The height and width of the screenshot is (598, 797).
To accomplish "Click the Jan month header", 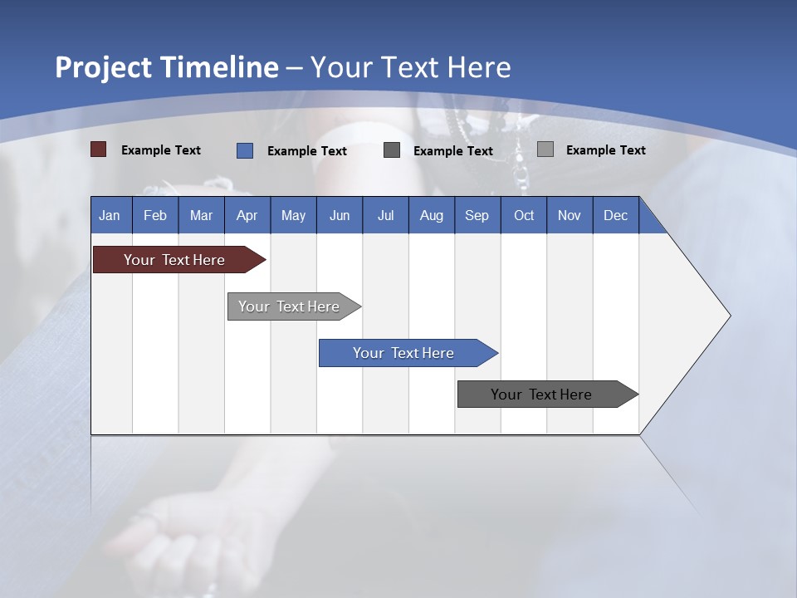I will [x=110, y=215].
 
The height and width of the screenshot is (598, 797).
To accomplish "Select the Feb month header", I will [x=155, y=215].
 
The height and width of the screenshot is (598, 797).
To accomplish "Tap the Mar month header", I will [x=201, y=215].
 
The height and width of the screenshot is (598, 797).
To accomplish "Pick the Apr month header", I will [x=247, y=215].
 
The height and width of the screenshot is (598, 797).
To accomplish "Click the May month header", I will [x=293, y=215].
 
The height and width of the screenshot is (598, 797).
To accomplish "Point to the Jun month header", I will [x=340, y=215].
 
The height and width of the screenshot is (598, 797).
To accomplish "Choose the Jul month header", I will [x=385, y=215].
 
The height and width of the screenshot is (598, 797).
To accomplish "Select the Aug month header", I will [x=432, y=215].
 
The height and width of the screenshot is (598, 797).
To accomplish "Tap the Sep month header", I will [x=477, y=215].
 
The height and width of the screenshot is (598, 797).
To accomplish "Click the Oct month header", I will [x=524, y=215].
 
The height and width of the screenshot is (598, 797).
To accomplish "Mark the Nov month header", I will [x=570, y=215].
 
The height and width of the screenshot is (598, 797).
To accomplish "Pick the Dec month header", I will [x=616, y=215].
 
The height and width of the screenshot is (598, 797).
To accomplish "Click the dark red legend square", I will [x=99, y=149].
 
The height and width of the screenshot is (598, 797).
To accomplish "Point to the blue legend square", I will [x=245, y=150].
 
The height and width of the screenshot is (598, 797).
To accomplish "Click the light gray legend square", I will [x=545, y=149].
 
